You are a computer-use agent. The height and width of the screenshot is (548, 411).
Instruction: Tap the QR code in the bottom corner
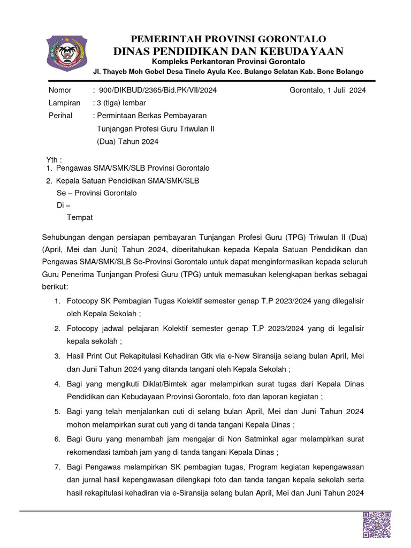point(377,524)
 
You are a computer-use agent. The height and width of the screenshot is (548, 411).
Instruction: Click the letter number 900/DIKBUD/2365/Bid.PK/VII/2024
point(158,90)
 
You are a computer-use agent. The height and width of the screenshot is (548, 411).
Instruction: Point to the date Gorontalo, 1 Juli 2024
point(328,90)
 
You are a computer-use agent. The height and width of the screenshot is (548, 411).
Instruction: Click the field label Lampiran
point(64,103)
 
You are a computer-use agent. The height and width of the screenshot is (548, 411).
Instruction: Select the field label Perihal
point(60,116)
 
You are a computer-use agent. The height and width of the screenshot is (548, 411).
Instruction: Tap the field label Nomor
point(59,90)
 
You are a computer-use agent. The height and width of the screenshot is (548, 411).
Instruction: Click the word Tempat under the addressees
point(79,217)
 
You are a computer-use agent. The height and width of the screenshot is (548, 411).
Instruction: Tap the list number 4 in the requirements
point(57,384)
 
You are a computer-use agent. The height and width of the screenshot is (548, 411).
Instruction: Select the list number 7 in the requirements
point(57,468)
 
